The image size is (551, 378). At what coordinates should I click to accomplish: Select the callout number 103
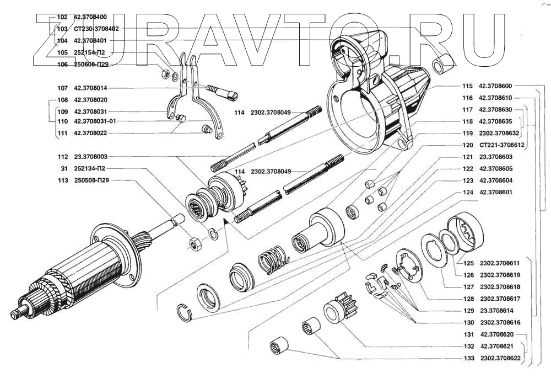pos(62,29)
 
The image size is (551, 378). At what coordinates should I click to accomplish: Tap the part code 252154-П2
pos(89,53)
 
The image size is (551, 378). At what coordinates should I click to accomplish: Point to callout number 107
pos(62,88)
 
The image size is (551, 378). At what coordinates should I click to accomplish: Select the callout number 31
pos(64,168)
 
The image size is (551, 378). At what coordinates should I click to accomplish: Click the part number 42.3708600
pos(495,86)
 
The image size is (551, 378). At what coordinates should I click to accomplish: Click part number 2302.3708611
pos(501,263)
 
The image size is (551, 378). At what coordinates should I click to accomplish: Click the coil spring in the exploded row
pos(272,258)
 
